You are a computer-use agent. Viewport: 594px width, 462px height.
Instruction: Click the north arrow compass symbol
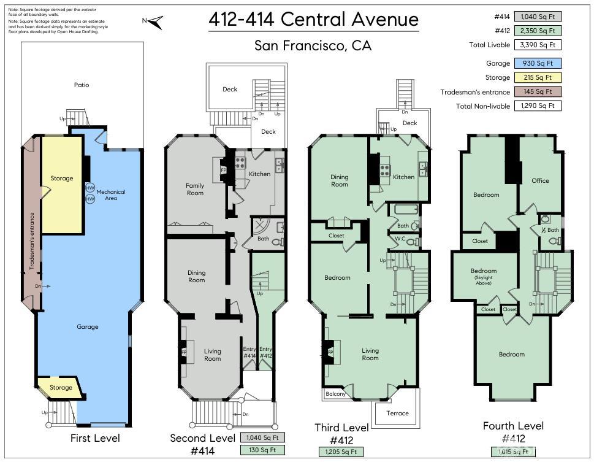tap(155, 22)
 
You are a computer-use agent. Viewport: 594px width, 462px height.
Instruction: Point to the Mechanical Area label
tap(110, 195)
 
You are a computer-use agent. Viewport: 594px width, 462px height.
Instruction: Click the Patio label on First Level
tap(82, 85)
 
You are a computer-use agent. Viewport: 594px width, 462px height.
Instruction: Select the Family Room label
tap(195, 189)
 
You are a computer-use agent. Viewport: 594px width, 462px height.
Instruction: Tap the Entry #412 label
tap(266, 353)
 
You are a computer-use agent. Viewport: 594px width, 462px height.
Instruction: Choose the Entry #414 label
tap(249, 353)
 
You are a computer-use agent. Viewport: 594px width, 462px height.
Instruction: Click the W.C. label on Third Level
tap(400, 239)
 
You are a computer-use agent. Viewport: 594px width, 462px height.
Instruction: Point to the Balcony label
tap(335, 394)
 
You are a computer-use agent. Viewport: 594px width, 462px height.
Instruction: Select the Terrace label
tap(397, 413)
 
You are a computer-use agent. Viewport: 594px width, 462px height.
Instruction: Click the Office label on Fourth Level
tap(540, 180)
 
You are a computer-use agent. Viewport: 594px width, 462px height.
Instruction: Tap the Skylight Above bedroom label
tap(484, 276)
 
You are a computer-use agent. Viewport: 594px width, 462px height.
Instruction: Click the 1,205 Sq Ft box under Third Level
tap(340, 452)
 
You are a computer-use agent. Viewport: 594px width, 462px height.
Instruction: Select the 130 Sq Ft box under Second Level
tap(262, 450)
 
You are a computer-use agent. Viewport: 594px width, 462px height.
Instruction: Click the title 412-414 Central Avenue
tap(313, 20)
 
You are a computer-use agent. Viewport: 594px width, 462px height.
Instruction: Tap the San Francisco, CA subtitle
tap(313, 46)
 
